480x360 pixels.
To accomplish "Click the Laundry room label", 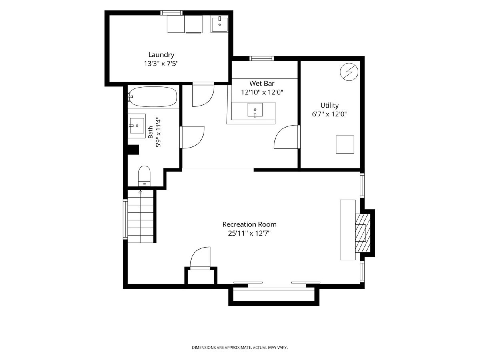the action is tap(161, 55).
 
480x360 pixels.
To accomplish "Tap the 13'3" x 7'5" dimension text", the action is tap(161, 64).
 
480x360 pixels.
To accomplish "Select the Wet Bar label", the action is tap(262, 83).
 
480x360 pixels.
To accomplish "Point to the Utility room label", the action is tap(329, 105).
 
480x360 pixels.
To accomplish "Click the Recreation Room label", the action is tap(249, 224).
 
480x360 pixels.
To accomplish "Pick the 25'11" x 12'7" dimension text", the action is tap(249, 234).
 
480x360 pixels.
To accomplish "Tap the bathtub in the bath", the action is tap(153, 97).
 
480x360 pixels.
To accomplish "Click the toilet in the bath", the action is tap(144, 176).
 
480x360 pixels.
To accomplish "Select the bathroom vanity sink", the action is tap(137, 126).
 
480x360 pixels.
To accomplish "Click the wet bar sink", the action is tap(255, 110).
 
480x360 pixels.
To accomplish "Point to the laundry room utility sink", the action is tap(219, 24).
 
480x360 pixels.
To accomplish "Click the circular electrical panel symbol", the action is tap(349, 72).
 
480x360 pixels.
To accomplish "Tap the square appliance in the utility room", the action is tap(345, 144).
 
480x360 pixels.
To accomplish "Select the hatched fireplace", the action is tap(363, 233).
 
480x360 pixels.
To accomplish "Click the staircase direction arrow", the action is tap(140, 192).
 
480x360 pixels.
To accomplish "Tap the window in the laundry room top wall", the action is tap(172, 13).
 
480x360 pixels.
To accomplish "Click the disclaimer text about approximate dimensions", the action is tap(240, 347).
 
